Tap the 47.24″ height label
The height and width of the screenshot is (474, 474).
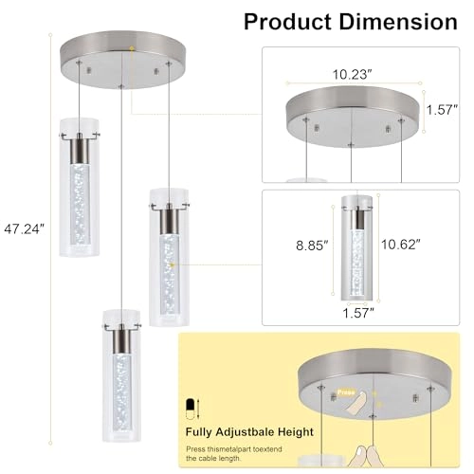(x=24, y=228)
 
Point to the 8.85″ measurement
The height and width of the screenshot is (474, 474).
(x=311, y=245)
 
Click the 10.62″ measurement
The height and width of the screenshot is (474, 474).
(x=398, y=245)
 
